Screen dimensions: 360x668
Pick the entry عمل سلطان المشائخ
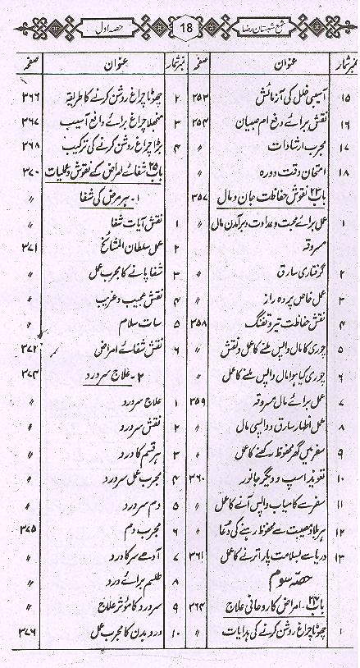pos(112,245)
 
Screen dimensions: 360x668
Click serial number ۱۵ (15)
pos(343,98)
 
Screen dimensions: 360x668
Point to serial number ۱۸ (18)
pos(343,174)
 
